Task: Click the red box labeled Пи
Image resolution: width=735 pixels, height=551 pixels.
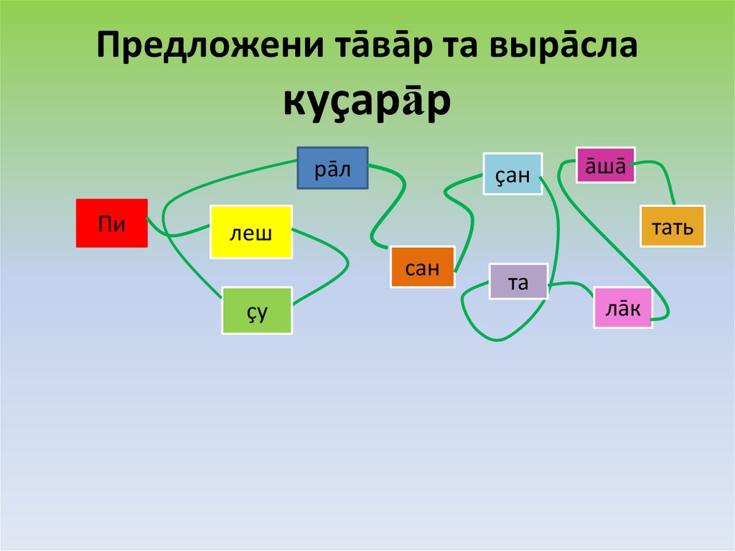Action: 111,223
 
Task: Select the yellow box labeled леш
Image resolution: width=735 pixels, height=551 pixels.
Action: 251,231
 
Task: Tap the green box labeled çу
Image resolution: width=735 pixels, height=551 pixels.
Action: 257,310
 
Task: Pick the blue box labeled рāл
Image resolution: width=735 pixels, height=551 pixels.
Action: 332,168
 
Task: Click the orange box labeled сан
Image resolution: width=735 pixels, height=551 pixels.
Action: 422,267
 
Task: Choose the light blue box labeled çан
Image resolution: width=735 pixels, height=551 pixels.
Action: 512,173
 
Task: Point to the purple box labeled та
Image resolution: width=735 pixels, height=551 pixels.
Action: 518,282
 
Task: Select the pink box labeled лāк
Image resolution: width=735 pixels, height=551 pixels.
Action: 622,307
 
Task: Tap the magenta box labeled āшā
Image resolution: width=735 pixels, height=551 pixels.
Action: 605,165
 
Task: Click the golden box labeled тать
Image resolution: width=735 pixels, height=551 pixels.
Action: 673,226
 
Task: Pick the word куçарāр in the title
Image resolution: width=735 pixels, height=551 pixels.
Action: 367,102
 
